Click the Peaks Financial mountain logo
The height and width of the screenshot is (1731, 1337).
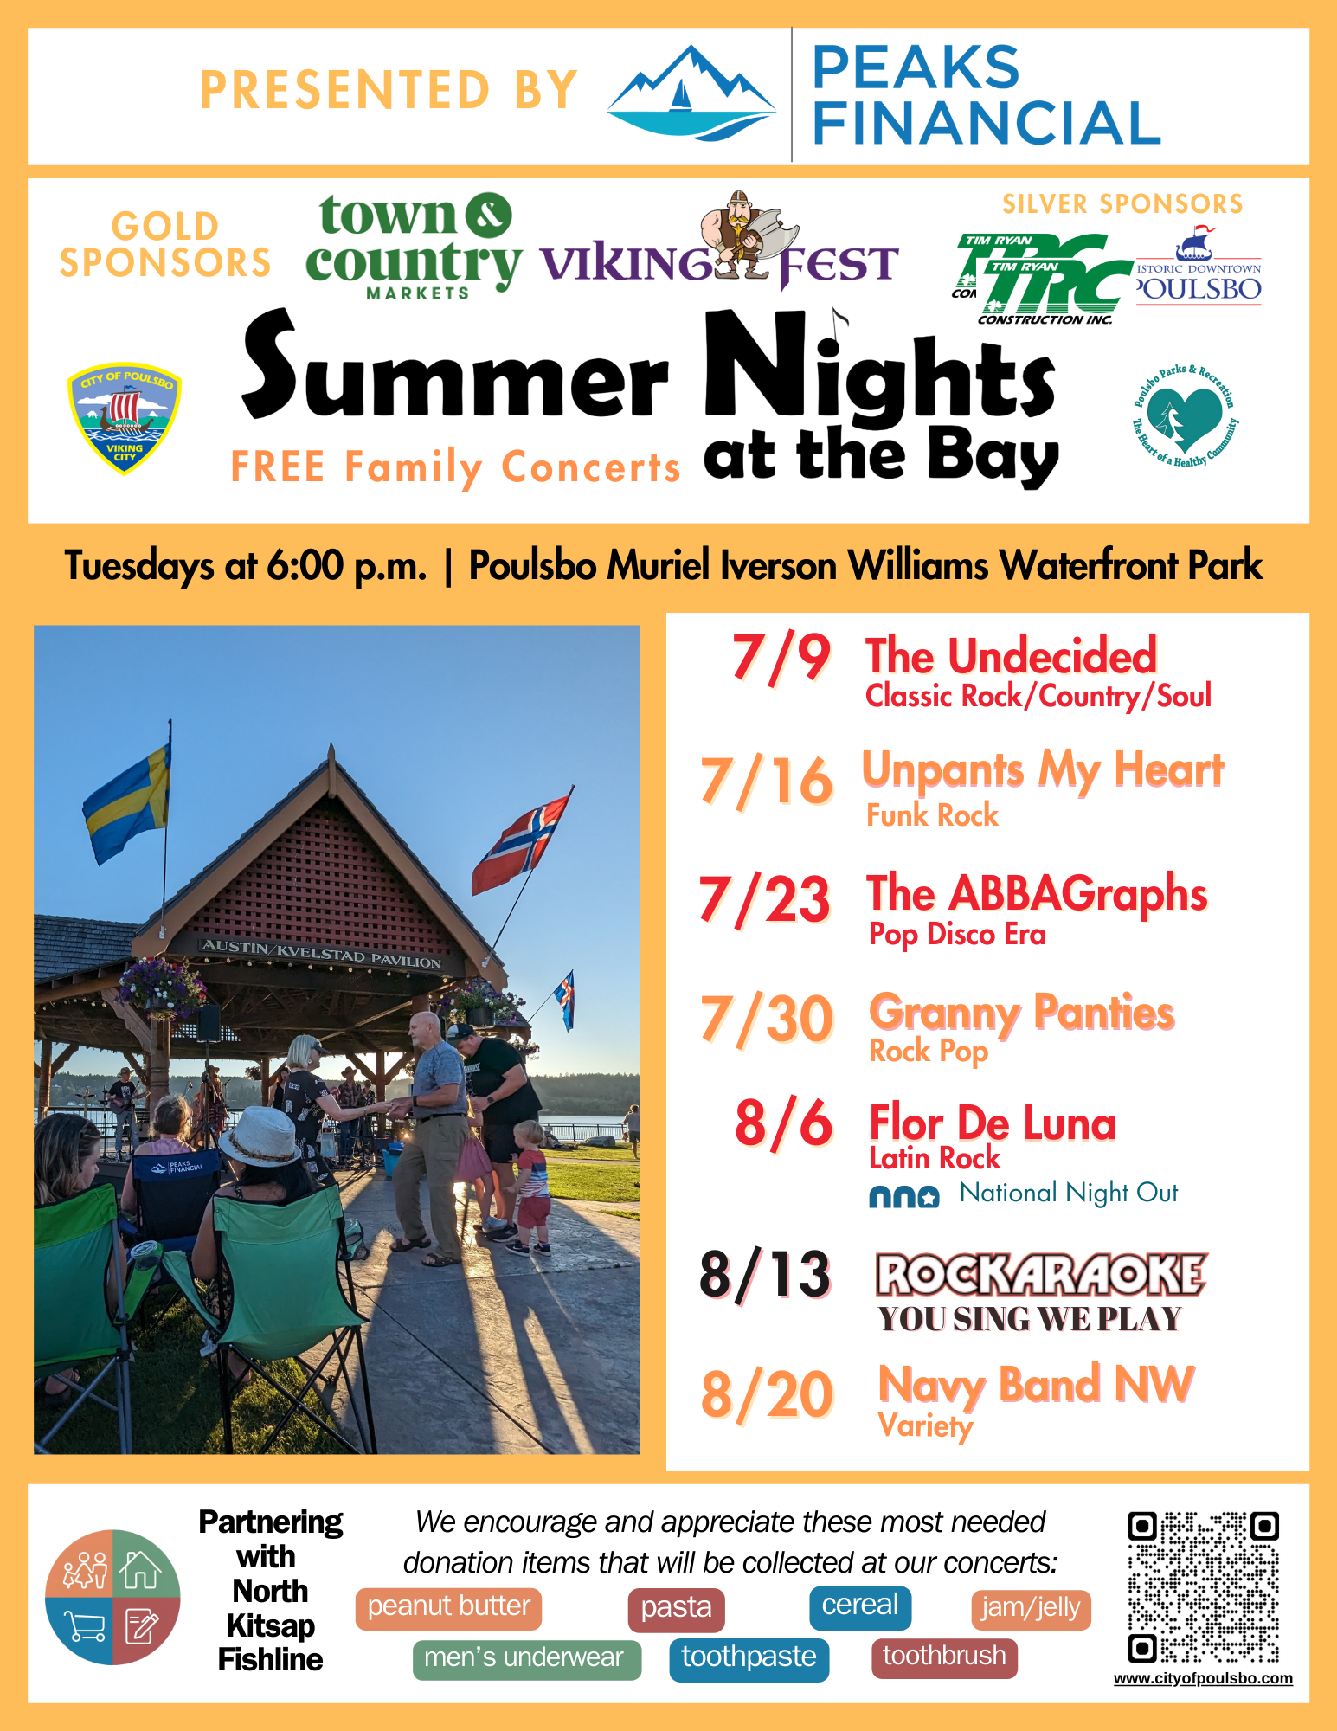pos(691,93)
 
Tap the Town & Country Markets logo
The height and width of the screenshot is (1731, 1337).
pos(414,246)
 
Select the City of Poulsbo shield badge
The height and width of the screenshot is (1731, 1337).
pos(124,417)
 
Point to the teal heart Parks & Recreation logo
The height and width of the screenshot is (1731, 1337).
pos(1185,415)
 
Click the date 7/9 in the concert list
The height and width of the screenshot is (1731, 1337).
pos(781,659)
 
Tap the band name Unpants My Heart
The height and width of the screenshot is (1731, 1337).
pos(1043,769)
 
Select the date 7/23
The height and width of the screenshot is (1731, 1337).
pos(765,900)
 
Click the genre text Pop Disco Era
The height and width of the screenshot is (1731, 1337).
pos(957,935)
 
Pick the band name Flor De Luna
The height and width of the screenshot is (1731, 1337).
pos(993,1123)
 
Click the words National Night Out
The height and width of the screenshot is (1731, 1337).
pos(1069,1194)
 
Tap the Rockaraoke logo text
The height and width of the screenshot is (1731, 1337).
pos(1041,1275)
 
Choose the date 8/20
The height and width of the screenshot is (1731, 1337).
pos(768,1395)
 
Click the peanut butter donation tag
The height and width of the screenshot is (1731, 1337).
pos(448,1608)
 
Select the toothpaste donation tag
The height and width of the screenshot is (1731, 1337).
pos(749,1658)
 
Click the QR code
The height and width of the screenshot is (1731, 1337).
pos(1203,1587)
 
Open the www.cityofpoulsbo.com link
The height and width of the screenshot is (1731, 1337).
pos(1203,1678)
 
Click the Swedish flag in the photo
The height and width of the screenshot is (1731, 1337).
pos(127,804)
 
